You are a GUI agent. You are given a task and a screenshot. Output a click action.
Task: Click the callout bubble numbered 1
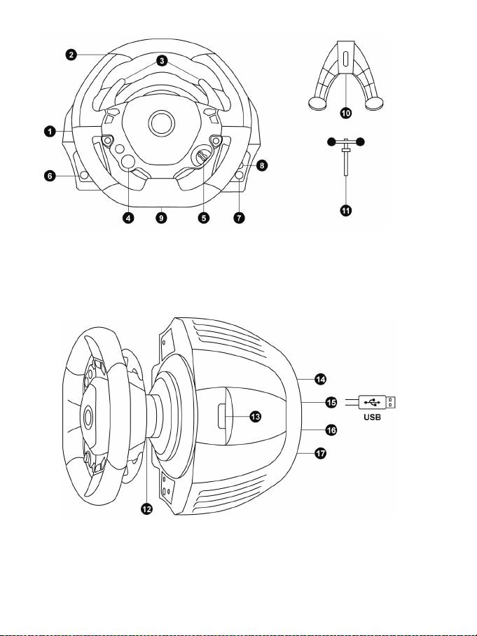coord(50,132)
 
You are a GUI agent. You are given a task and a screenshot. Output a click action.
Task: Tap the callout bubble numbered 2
coord(71,55)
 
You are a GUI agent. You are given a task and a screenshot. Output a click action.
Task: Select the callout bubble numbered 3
coord(162,61)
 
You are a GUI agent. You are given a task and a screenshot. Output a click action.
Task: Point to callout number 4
coord(128,218)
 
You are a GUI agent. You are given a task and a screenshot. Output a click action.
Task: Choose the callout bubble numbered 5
coord(204,218)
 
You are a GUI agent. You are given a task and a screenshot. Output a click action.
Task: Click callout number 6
coord(50,176)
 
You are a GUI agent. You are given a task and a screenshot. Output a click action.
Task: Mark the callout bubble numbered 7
coord(239,218)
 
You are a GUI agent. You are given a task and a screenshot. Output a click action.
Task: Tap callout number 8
coord(262,165)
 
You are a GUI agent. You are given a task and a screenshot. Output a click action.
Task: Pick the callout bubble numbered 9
coord(161,218)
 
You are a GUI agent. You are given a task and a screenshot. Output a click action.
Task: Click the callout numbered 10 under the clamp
coord(345,113)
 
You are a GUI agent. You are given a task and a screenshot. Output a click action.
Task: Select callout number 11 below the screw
coord(345,211)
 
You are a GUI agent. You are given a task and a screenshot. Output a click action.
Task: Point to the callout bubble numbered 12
coord(146,509)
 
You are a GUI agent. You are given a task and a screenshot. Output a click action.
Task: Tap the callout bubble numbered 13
coord(256,416)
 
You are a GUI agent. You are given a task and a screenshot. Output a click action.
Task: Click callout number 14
coord(320,379)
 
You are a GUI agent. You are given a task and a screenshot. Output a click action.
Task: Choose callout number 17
coord(320,452)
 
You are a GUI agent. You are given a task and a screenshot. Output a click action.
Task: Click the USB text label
coord(373,417)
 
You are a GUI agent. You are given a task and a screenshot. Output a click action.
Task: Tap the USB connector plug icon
coord(377,402)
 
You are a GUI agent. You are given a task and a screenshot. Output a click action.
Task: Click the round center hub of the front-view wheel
coord(161,123)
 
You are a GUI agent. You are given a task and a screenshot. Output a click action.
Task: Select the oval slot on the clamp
coord(345,59)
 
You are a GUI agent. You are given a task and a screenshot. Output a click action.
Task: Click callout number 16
coord(331,430)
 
